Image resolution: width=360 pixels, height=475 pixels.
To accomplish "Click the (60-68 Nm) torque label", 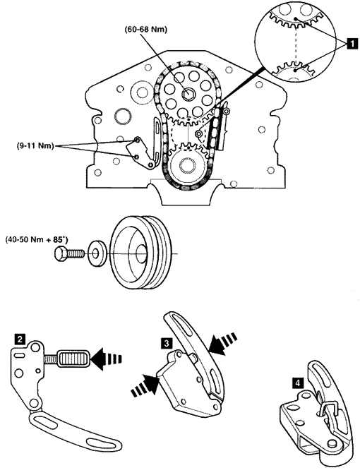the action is click(x=145, y=30).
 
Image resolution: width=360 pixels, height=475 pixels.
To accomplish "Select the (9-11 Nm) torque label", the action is click(x=35, y=146).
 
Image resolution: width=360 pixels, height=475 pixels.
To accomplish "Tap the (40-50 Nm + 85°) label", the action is click(x=37, y=240).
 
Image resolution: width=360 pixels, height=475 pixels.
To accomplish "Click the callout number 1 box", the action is click(x=352, y=44).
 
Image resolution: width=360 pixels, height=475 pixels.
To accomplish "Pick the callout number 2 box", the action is click(x=20, y=339).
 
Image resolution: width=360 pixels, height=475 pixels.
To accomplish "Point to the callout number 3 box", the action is click(x=167, y=343).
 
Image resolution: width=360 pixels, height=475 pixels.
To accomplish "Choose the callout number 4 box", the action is click(x=298, y=383).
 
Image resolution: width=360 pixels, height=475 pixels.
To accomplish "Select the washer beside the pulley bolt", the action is click(x=97, y=253).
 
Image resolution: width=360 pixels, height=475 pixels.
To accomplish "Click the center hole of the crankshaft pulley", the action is click(x=140, y=253).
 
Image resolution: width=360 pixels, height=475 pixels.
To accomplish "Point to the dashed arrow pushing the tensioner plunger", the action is click(x=106, y=359).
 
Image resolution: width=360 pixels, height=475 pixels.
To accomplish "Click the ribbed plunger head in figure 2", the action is click(x=74, y=359).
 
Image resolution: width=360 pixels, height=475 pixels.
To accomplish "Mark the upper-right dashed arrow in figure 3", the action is click(x=223, y=342).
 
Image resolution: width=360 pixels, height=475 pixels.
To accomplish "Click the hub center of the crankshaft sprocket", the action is click(x=186, y=165).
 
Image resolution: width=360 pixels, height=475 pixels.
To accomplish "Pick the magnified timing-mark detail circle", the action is click(x=294, y=45).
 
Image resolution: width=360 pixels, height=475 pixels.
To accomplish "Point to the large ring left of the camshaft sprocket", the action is click(x=123, y=116).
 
